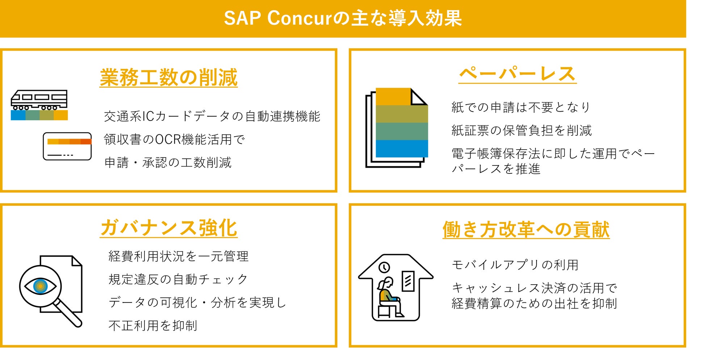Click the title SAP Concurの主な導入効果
[x=343, y=18]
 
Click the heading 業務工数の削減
[x=169, y=78]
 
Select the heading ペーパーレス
[x=517, y=74]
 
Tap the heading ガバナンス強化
[x=169, y=228]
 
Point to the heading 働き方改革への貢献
[x=526, y=230]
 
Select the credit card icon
[x=67, y=146]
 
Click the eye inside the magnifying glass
[x=41, y=286]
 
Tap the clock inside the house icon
[x=384, y=267]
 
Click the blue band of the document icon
[x=402, y=148]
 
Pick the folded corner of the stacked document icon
[x=419, y=96]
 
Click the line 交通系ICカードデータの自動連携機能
[x=212, y=116]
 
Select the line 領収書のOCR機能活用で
[x=175, y=139]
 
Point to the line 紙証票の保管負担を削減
[x=522, y=130]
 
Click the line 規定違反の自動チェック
[x=178, y=279]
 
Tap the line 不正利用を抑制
[x=153, y=326]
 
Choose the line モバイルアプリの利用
[x=515, y=265]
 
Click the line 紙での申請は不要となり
[x=521, y=107]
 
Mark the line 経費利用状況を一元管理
[x=178, y=256]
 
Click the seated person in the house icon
[x=390, y=297]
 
